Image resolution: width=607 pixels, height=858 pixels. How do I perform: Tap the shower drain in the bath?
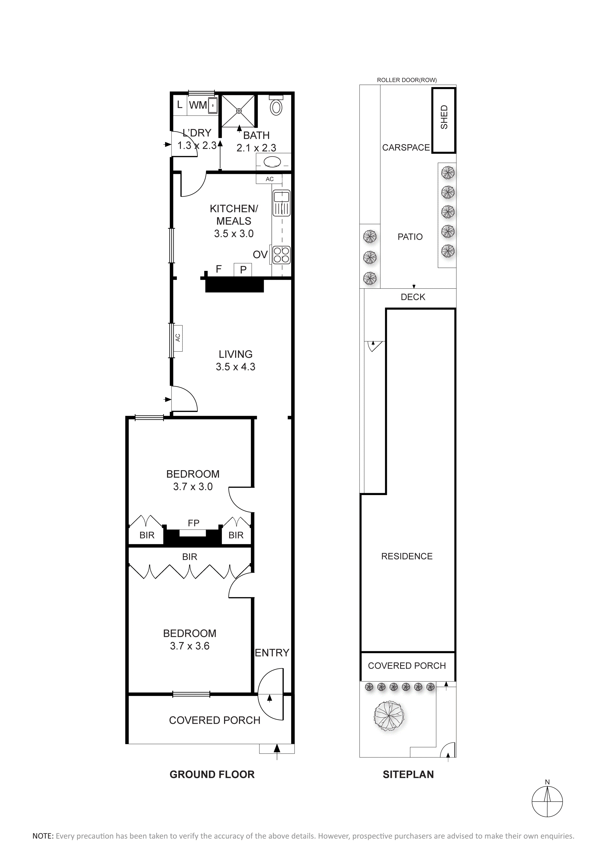[238, 111]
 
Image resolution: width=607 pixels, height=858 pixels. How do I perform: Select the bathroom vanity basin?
[272, 162]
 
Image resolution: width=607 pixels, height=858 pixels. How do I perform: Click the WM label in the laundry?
[198, 105]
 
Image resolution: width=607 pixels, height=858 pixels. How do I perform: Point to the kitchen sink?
[282, 203]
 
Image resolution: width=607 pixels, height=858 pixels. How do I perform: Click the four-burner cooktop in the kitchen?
[282, 255]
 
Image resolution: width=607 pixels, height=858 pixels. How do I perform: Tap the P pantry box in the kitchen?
[243, 270]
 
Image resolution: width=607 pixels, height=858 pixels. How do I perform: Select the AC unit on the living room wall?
[178, 338]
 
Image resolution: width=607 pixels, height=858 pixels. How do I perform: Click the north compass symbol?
[547, 801]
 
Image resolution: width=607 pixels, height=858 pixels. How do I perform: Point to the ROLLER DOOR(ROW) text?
[407, 80]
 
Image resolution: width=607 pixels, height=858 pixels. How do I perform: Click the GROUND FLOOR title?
[212, 774]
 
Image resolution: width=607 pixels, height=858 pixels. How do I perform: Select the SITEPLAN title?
[408, 774]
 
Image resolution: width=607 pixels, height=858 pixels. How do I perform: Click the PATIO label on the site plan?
[410, 237]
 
